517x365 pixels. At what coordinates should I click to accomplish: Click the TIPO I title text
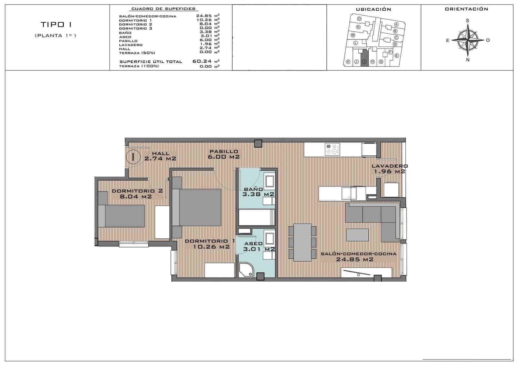click(56, 25)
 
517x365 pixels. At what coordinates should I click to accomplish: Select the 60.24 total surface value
click(202, 61)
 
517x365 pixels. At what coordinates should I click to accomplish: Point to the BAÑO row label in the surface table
click(125, 33)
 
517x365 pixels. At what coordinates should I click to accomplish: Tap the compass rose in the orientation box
click(467, 40)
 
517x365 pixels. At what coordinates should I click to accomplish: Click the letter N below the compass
click(468, 60)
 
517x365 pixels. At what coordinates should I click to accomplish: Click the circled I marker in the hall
click(133, 157)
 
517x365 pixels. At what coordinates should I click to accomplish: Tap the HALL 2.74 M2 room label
click(160, 156)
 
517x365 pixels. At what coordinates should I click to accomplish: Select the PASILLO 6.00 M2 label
click(224, 154)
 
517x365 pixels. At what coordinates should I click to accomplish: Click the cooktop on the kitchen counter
click(332, 149)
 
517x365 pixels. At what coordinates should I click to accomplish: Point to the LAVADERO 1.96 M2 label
click(389, 169)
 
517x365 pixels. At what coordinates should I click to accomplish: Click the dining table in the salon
click(302, 242)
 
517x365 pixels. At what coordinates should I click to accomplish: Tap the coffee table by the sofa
click(357, 235)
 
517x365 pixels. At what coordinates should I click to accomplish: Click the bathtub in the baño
click(257, 217)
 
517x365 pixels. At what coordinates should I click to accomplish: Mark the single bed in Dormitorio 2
click(121, 216)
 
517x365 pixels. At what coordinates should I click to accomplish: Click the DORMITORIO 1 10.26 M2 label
click(210, 244)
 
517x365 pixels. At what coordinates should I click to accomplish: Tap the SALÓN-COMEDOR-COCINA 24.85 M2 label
click(358, 256)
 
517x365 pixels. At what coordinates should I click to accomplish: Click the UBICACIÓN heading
click(373, 9)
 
